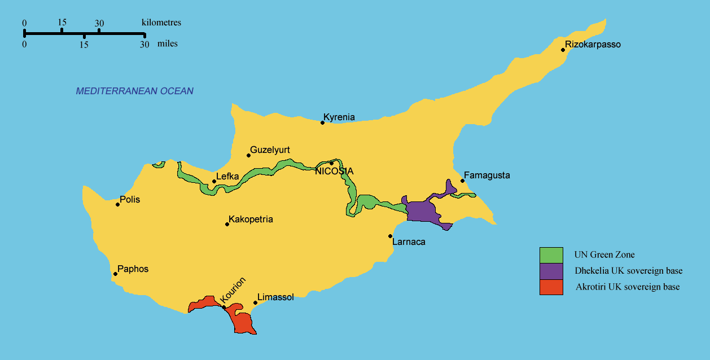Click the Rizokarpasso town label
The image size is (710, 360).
click(593, 45)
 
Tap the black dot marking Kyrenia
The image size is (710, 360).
click(323, 122)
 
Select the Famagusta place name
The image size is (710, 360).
click(487, 175)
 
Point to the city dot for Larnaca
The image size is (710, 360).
click(390, 236)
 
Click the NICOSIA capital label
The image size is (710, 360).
click(334, 172)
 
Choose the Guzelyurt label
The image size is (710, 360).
click(270, 150)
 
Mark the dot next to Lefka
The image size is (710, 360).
click(214, 181)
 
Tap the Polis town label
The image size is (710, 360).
click(130, 200)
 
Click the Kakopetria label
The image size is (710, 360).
click(251, 219)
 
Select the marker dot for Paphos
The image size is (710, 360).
click(115, 274)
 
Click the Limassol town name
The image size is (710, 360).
click(275, 297)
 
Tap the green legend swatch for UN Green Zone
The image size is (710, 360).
click(551, 255)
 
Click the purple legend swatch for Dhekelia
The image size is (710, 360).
click(551, 271)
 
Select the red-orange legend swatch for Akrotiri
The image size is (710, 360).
click(551, 287)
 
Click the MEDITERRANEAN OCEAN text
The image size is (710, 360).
click(135, 91)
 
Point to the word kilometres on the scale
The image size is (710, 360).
click(161, 23)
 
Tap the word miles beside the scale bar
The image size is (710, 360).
click(168, 43)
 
